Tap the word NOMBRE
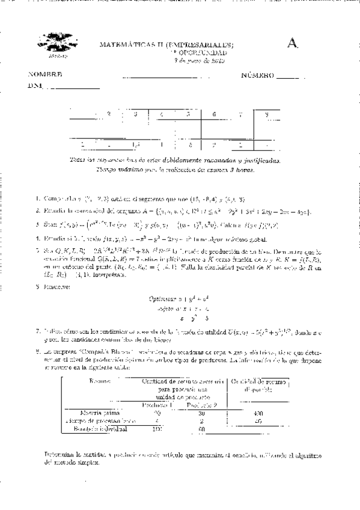click(45, 75)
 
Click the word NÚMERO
click(258, 75)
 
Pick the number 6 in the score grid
click(215, 114)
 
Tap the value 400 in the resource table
click(259, 413)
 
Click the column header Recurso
click(99, 381)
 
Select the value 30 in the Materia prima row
click(202, 413)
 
